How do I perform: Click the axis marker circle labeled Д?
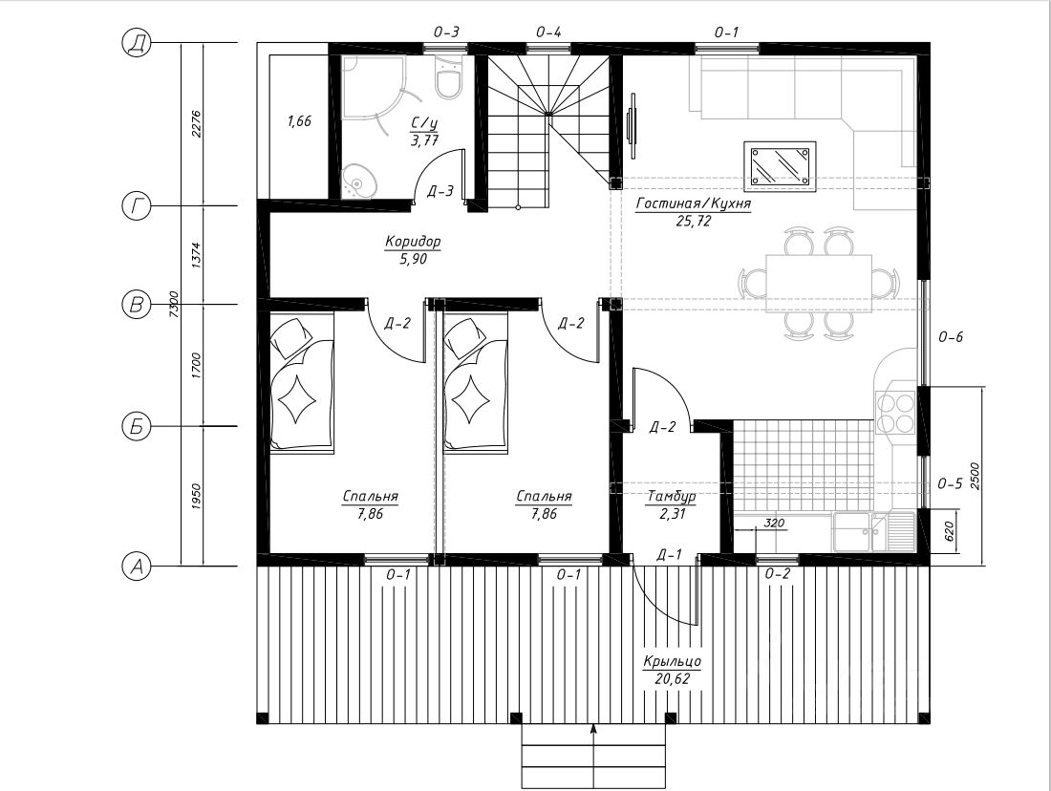click(136, 43)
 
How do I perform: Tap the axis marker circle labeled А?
click(136, 567)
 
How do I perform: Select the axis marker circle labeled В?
click(136, 305)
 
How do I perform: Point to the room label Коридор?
click(413, 242)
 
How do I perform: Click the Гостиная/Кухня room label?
click(693, 203)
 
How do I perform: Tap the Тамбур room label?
click(671, 497)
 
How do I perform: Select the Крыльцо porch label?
click(673, 661)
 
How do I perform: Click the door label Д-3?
click(440, 191)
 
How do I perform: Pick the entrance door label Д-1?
click(669, 554)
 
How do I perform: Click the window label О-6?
click(951, 337)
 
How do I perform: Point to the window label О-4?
click(548, 32)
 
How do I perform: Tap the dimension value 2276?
click(197, 124)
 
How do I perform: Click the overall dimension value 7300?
click(174, 305)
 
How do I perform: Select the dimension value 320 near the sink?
click(774, 523)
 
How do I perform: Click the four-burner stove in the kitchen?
click(896, 413)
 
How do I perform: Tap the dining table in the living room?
click(819, 284)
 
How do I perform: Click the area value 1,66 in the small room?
click(299, 121)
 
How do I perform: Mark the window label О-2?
click(778, 574)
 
